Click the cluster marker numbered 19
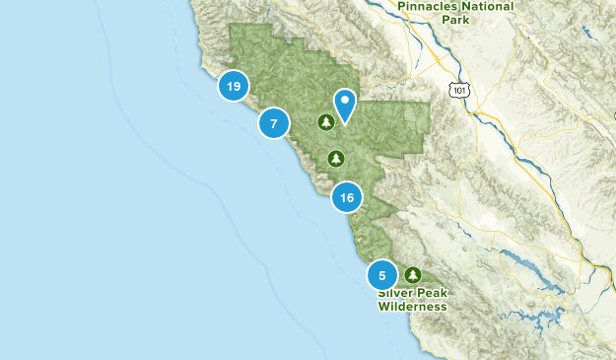233,87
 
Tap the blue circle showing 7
274,123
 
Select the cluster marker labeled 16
346,198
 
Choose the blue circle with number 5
382,275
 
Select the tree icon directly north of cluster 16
337,158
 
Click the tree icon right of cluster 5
412,274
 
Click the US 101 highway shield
458,90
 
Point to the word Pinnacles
430,6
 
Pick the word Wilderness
413,307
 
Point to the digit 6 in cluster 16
350,198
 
